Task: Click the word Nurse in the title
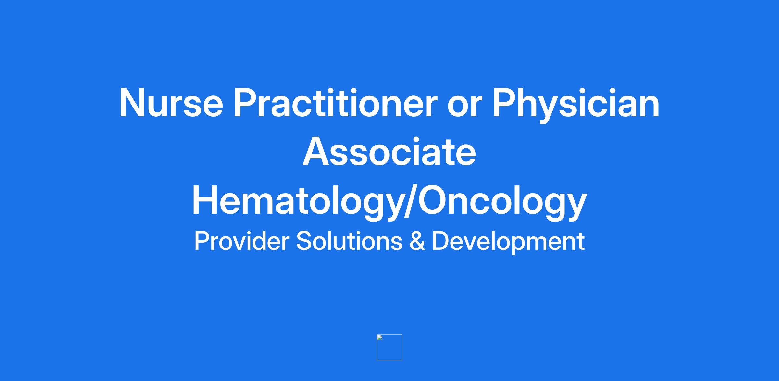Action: (171, 103)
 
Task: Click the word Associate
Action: (389, 152)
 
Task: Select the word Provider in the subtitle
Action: (241, 241)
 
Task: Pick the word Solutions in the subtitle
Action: (349, 241)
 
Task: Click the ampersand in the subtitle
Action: (417, 241)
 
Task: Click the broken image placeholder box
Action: (389, 347)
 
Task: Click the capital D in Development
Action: (440, 241)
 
